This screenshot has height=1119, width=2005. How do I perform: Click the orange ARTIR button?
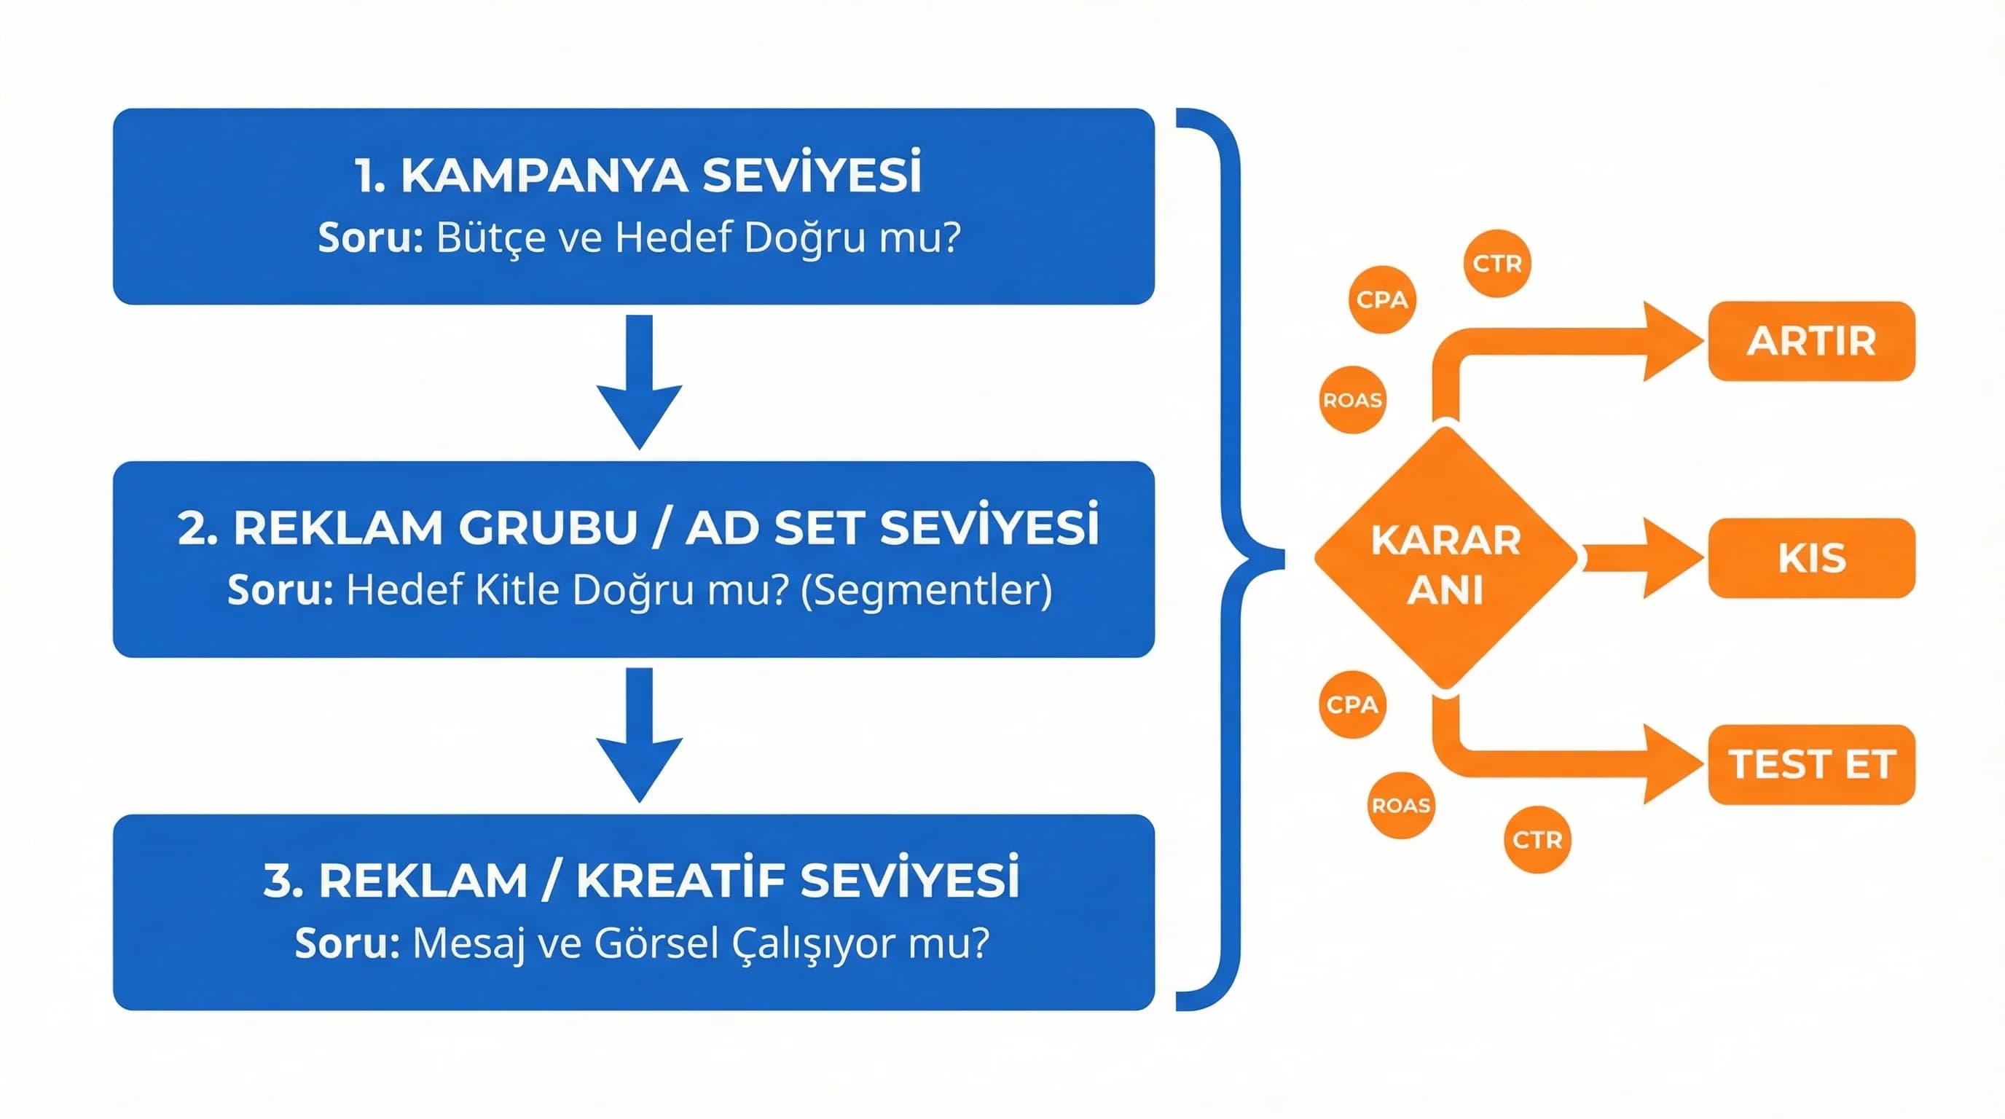(x=1811, y=341)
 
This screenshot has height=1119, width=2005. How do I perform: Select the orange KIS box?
(x=1811, y=558)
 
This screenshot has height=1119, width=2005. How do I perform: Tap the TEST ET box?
(x=1811, y=764)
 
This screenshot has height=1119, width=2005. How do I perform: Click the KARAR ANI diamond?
(x=1445, y=559)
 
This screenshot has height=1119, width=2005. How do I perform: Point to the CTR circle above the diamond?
(x=1496, y=263)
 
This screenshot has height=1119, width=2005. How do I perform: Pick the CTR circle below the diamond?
(x=1537, y=840)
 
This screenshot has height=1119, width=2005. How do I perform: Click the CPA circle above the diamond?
(x=1381, y=299)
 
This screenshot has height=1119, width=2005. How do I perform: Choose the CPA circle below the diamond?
(x=1353, y=704)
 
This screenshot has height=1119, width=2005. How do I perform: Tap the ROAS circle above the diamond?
(x=1353, y=400)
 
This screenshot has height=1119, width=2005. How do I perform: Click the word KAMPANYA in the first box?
(x=544, y=176)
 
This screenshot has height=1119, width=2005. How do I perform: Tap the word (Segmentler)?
(x=926, y=591)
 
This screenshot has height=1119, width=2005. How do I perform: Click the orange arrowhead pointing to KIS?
(x=1670, y=558)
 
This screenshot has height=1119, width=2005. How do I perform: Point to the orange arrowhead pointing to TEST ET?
(x=1670, y=764)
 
